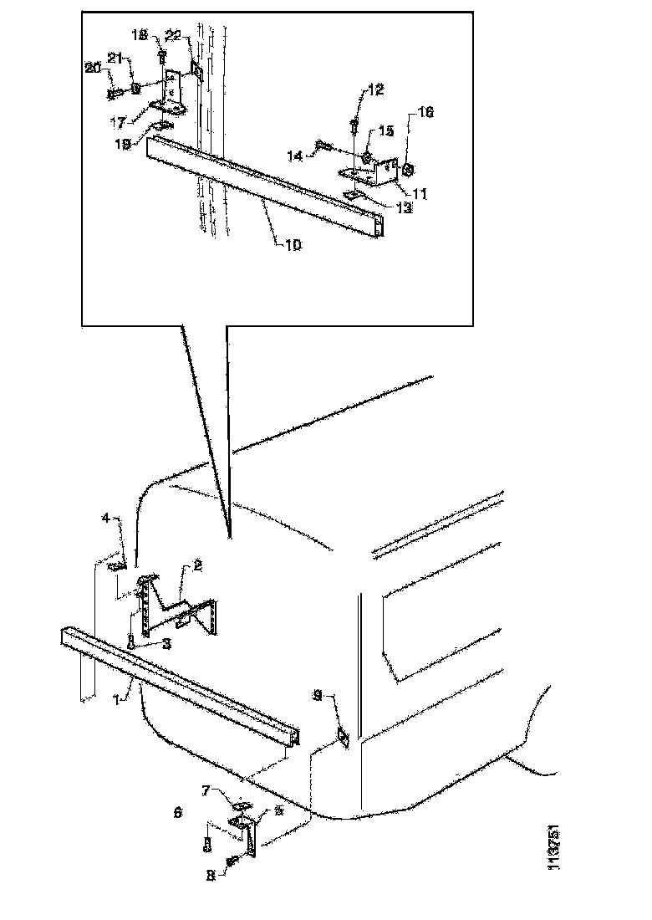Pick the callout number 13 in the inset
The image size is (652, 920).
click(x=405, y=208)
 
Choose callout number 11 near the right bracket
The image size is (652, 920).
click(x=419, y=193)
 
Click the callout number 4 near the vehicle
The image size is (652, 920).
click(x=105, y=519)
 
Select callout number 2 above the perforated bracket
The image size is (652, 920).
click(x=197, y=566)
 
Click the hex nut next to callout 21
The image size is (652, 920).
click(x=135, y=86)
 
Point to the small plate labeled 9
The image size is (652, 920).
click(x=343, y=736)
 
